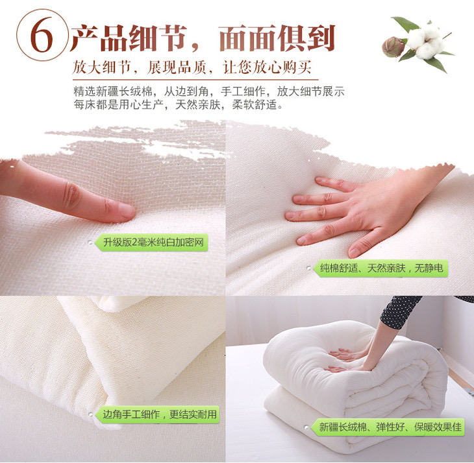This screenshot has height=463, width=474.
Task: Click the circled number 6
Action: [x=42, y=35]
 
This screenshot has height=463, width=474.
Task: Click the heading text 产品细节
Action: [x=128, y=38]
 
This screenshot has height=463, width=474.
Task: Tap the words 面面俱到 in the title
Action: [x=277, y=38]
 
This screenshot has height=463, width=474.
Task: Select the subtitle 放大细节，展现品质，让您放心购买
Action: [x=192, y=67]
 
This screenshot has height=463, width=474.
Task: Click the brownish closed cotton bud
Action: [x=393, y=47]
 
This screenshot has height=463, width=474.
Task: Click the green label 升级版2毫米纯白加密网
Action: [x=152, y=242]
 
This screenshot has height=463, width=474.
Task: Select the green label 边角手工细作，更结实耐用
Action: [x=158, y=414]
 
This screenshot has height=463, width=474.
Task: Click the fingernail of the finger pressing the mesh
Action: [x=127, y=209]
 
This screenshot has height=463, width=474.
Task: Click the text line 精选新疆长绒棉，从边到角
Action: [x=141, y=91]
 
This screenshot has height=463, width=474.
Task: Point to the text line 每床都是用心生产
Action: [x=119, y=104]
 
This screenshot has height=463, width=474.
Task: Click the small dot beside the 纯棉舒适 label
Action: [x=309, y=268]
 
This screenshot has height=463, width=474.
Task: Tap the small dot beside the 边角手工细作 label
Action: [x=91, y=414]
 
